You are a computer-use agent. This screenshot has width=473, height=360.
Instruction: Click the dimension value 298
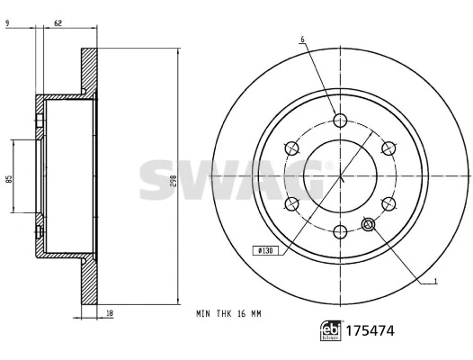174,181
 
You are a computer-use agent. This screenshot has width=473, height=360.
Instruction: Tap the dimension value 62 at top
58,22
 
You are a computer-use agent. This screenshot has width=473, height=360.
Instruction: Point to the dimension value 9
7,22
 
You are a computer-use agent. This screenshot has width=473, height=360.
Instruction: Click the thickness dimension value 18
110,313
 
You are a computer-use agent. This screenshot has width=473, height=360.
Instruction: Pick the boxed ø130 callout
265,251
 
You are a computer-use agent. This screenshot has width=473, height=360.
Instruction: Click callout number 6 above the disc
302,40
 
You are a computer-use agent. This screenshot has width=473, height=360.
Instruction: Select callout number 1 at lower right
435,281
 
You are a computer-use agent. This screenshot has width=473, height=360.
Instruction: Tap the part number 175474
370,330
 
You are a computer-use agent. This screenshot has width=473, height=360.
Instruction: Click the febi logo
331,330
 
